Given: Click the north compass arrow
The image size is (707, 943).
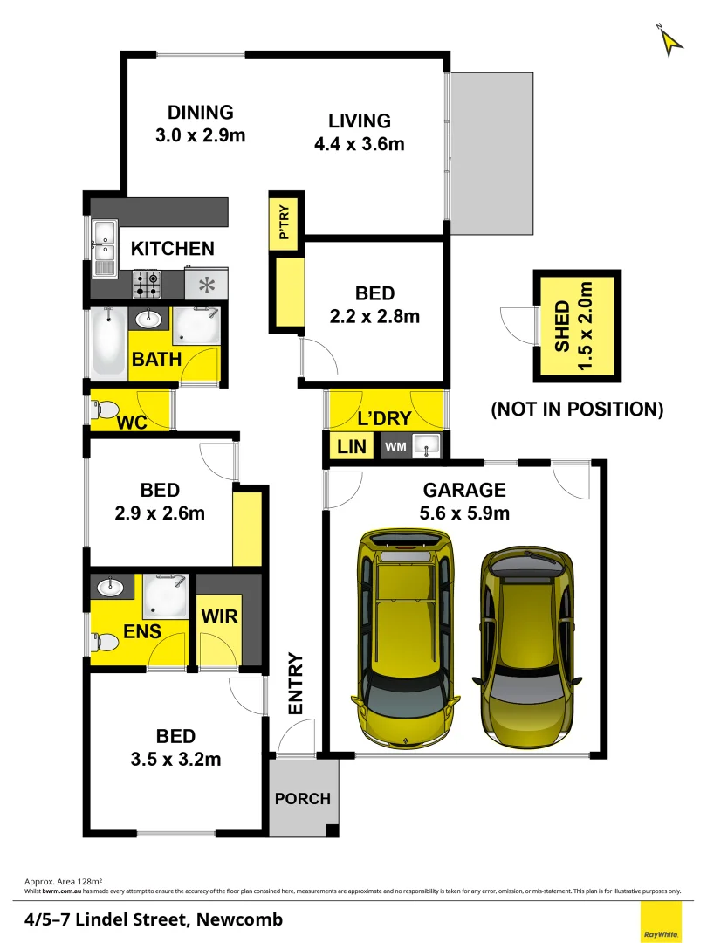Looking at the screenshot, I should pos(669,41).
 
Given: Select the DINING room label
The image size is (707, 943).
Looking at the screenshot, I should pos(201,113).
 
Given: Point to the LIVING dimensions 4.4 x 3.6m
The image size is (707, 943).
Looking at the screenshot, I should pos(359,144).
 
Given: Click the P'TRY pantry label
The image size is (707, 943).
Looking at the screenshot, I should pos(285,223).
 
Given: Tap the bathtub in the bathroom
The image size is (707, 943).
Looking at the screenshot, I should pos(106,342).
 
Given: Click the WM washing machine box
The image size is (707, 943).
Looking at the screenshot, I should pos(395,448).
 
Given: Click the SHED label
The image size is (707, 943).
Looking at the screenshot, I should pos(562,326).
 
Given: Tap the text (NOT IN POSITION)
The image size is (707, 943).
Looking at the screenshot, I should pos(577,409).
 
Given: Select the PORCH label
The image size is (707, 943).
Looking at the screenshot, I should pos(303,798).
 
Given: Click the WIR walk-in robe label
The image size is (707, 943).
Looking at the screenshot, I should pos(219,616).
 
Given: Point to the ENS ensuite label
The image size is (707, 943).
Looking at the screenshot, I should pos(141,630).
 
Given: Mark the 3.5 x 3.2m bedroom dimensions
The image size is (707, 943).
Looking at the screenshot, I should pos(175,759).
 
